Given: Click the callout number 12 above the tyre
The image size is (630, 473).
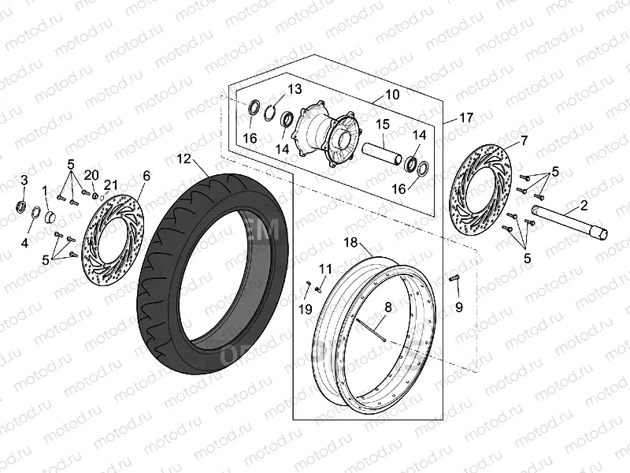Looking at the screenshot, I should (x=183, y=158).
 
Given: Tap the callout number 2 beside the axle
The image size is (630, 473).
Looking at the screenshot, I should (x=584, y=206).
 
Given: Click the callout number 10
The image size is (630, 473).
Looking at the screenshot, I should (x=391, y=95).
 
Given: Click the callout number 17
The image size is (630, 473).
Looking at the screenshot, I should (x=467, y=117).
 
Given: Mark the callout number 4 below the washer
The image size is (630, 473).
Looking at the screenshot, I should (x=24, y=244).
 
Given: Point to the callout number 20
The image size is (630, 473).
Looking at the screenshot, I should (x=91, y=174).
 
